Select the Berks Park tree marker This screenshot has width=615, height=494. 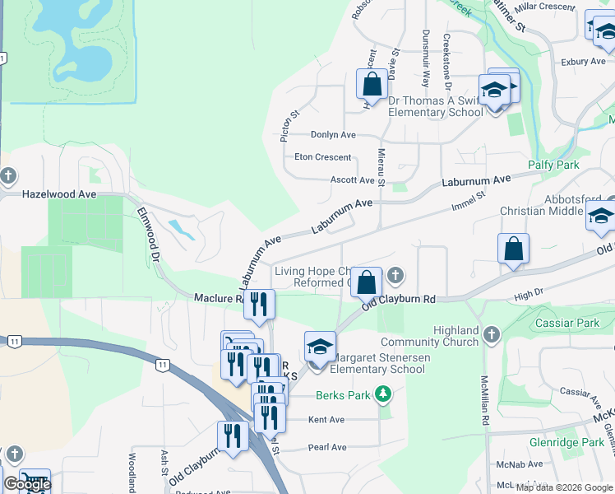pos(381,394)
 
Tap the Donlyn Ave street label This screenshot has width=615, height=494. pos(333,134)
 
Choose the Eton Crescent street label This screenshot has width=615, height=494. pos(322,157)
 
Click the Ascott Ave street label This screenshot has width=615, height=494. pos(352,179)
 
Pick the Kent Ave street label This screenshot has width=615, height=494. pos(327,420)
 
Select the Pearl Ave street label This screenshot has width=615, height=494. pos(327,447)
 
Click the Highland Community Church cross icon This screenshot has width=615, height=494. pos(492,334)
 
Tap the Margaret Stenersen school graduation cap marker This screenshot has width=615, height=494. pos(320,347)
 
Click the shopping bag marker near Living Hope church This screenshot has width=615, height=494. pos(368,282)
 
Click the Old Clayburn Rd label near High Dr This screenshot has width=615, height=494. pos(400,301)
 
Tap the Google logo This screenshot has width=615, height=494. pos(26,484)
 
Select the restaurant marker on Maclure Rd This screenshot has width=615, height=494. pos(260,305)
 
